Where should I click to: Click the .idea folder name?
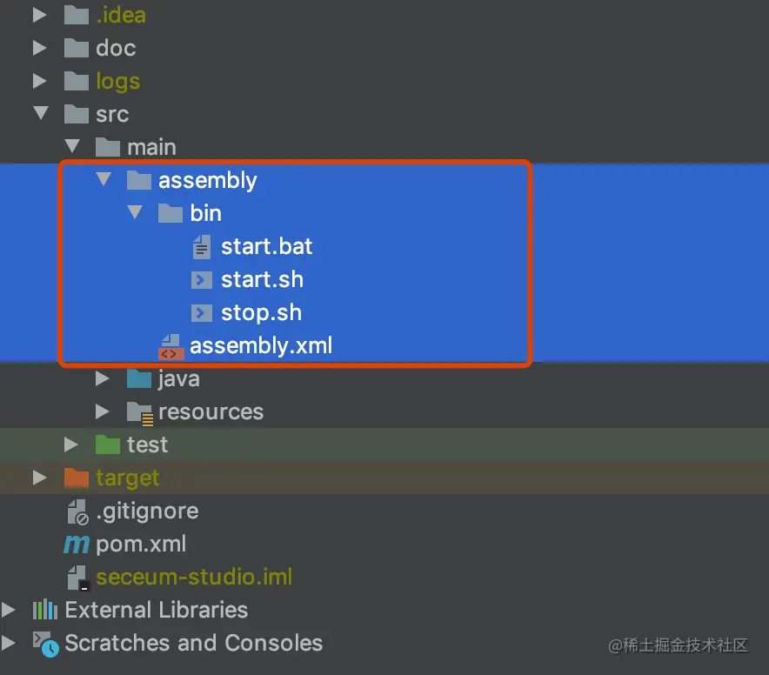pos(120,15)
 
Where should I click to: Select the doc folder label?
pos(116,48)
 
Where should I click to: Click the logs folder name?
pos(117,81)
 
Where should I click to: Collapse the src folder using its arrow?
pos(40,113)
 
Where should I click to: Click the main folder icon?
pos(108,147)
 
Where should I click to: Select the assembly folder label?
pos(207,180)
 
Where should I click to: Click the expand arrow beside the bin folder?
pos(135,212)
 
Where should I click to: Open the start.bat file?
pos(266,246)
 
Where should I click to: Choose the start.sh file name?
pos(262,279)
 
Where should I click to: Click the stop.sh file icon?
pos(202,312)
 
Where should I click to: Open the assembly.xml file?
pos(261,345)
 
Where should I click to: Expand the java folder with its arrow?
pos(103,378)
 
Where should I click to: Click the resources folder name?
pos(211,411)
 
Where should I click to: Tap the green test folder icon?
pos(108,444)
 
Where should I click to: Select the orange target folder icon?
pos(77,478)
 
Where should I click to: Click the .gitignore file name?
pos(147,511)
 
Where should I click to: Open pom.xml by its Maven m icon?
pos(77,545)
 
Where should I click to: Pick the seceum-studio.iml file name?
pos(194,577)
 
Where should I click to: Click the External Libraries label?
pos(156,610)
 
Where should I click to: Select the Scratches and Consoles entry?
pos(193,643)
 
